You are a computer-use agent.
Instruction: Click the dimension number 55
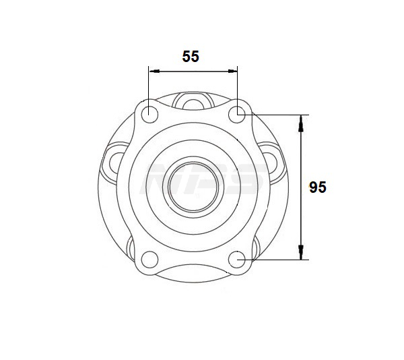(191, 57)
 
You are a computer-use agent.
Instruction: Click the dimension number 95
(318, 187)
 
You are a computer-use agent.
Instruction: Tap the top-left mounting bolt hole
(149, 114)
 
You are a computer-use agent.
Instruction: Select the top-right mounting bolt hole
(237, 114)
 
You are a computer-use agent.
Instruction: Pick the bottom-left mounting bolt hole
(149, 259)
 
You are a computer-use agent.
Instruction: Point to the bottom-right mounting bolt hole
(237, 259)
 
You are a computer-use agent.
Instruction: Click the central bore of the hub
(193, 187)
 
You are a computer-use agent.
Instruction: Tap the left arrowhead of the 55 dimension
(154, 71)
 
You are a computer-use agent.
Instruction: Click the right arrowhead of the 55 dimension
(232, 71)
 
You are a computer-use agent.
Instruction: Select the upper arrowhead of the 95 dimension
(300, 124)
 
